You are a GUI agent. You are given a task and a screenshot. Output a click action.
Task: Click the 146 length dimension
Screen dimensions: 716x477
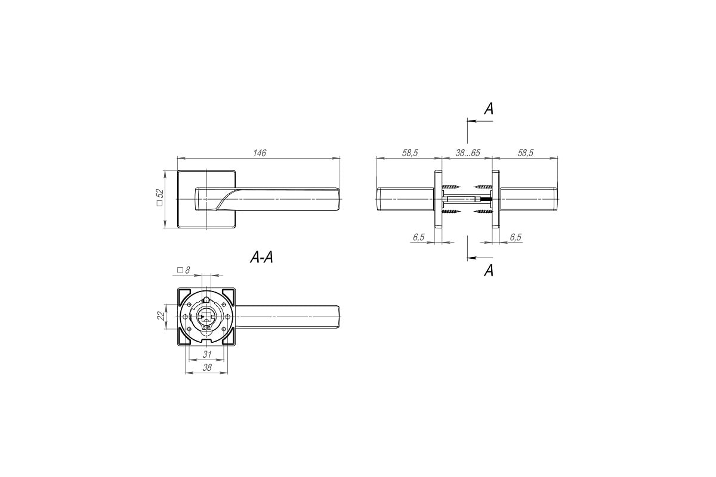[x=259, y=153]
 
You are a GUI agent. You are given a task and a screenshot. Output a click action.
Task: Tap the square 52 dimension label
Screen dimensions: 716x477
[x=159, y=197]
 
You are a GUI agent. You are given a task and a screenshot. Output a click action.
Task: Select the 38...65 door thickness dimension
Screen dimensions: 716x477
[x=468, y=153]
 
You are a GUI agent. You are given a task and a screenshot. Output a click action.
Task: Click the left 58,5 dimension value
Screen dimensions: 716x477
[x=410, y=153]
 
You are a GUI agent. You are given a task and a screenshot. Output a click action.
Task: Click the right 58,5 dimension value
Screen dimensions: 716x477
[x=526, y=153]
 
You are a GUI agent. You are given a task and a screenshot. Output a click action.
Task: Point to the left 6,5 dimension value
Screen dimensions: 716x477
[x=418, y=237]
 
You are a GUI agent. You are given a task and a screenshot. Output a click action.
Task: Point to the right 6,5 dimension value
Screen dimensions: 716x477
[x=516, y=237]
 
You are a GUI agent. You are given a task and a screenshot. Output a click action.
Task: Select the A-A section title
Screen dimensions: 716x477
[x=261, y=257]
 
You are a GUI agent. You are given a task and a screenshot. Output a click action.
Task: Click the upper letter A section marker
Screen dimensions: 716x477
[x=489, y=109]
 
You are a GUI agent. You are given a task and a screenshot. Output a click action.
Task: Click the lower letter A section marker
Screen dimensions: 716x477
[x=489, y=270]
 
